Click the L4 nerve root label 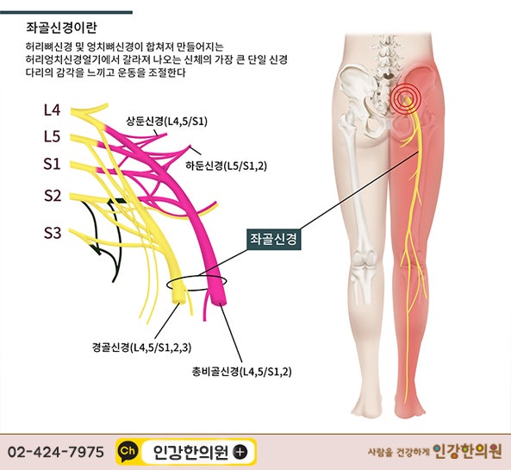click(53, 110)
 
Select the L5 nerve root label click(53, 136)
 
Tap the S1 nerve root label click(53, 163)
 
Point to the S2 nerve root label click(53, 196)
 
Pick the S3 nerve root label click(53, 233)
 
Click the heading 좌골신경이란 click(61, 28)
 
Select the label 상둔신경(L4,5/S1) click(166, 122)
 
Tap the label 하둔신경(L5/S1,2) click(226, 166)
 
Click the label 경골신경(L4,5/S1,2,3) click(142, 348)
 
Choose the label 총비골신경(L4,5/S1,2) click(241, 372)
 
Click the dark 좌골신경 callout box click(274, 239)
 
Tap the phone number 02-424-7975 click(56, 452)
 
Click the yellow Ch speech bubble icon click(128, 452)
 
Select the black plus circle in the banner click(240, 452)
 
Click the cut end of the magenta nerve click(219, 298)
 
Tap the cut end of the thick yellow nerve click(179, 297)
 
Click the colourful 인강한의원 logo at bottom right click(467, 452)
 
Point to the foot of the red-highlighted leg click(409, 407)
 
